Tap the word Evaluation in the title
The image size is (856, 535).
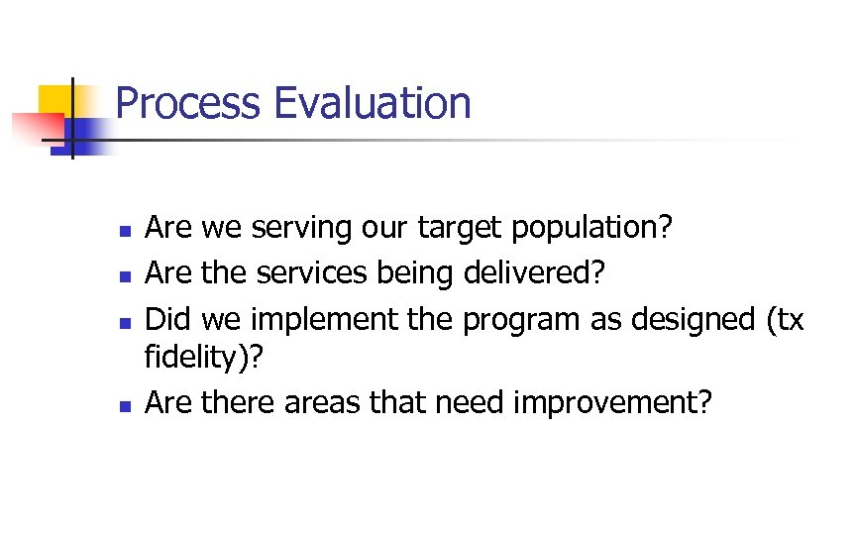point(373,104)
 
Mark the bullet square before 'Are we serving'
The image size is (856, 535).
point(124,231)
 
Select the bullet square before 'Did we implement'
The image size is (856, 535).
point(124,321)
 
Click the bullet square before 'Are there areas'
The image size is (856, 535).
point(124,404)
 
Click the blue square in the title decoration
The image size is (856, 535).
point(92,135)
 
